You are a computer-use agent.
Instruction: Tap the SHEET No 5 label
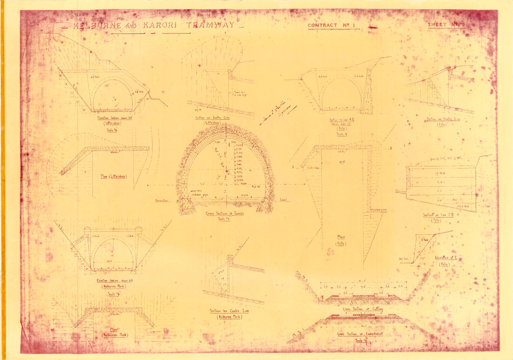446,24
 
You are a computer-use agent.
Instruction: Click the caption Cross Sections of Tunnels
225,214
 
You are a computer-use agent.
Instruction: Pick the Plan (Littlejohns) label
114,176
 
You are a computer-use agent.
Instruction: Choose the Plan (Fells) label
341,240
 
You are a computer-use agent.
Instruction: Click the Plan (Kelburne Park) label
114,332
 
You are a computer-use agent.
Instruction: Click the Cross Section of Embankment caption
360,334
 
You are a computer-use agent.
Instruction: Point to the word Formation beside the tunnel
162,201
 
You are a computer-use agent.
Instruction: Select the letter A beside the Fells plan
293,167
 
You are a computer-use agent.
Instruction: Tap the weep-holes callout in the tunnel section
196,191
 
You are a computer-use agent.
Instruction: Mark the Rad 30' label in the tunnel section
256,187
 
